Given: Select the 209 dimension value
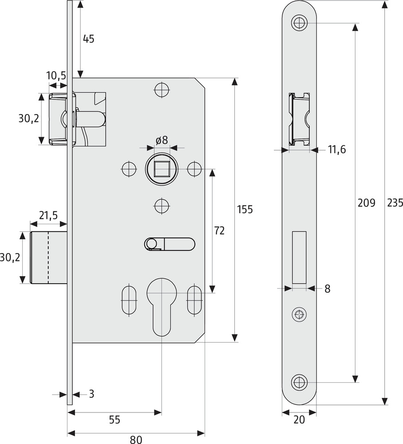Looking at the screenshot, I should tap(366, 203).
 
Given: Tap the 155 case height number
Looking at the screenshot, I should tap(245, 209).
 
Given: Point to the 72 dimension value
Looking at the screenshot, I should tap(219, 230).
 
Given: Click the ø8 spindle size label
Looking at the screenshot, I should tap(162, 140).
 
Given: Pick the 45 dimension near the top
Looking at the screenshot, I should tap(89, 39).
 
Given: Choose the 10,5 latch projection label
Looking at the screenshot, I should tap(56, 76).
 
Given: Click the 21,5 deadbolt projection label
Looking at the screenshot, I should tap(48, 216).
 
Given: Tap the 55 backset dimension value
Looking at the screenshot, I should tap(114, 420).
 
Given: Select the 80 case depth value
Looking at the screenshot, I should tap(136, 440).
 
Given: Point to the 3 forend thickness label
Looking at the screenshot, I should tap(91, 393).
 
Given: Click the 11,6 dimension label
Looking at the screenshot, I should tap(337, 150).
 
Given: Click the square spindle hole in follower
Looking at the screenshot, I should tap(161, 169).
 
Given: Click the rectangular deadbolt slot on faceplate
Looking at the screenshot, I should tap(300, 258).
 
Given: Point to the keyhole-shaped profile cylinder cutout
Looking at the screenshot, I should tap(162, 306).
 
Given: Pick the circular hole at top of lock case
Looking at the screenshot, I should tap(162, 90).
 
